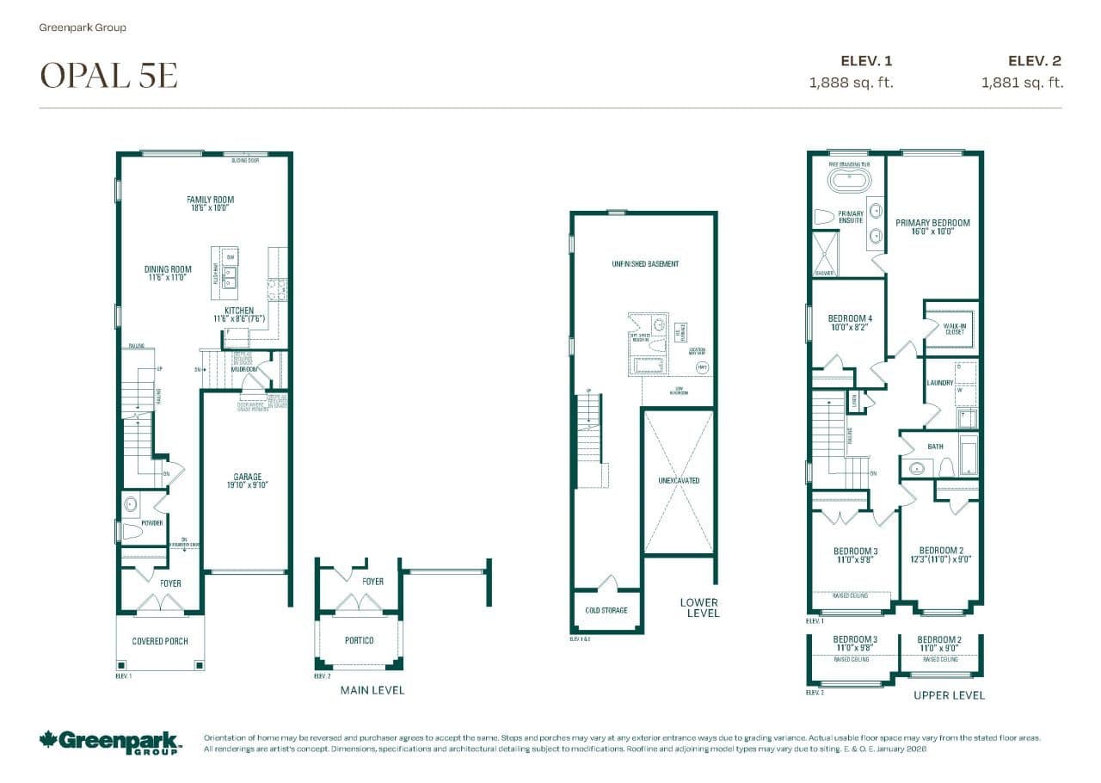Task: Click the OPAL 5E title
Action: coord(109,76)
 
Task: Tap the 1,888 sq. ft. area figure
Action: coord(851,83)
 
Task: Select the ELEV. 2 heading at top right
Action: coord(1035,60)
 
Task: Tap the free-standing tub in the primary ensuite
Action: coord(849,181)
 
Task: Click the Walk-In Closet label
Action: coord(953,329)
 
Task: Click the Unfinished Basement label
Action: coord(639,263)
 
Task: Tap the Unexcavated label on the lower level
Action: coord(679,480)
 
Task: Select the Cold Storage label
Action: coord(606,610)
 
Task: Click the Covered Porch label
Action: coord(160,641)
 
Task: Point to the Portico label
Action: coord(359,641)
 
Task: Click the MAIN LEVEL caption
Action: coord(372,690)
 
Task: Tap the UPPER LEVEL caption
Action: coord(949,694)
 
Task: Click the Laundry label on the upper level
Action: coord(939,383)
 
